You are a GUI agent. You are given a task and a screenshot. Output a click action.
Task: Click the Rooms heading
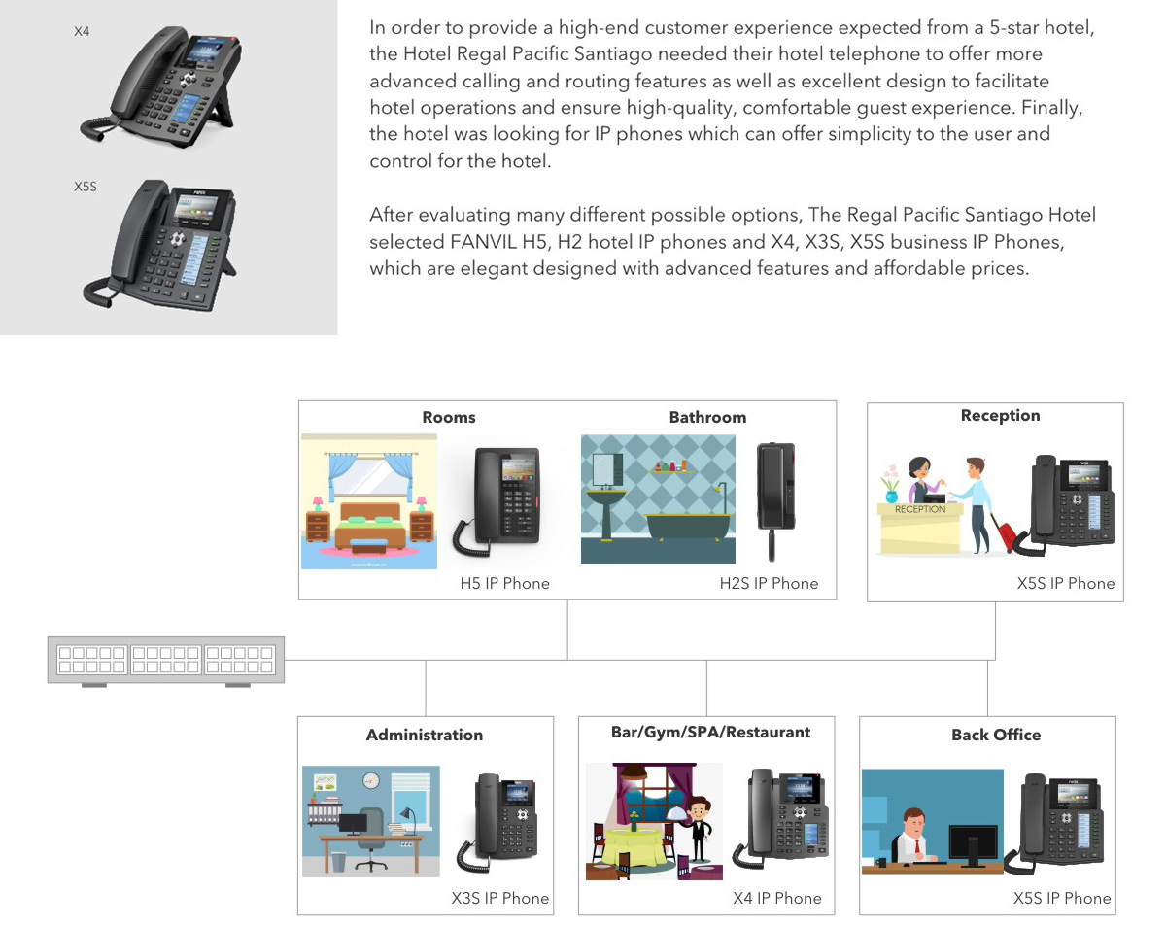coord(448,417)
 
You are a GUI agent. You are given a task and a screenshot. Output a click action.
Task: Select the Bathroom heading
coord(707,417)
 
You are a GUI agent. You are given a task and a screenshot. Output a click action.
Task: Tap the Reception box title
coord(1000,415)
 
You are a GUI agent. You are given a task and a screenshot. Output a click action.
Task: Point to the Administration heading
coord(424,735)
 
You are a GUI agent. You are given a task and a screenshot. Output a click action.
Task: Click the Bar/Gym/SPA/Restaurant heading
coord(710,732)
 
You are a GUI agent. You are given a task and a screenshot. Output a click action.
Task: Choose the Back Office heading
coord(996,735)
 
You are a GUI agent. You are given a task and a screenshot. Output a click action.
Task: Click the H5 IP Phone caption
coord(504,583)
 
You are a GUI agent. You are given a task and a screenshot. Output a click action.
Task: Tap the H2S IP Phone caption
coord(769,583)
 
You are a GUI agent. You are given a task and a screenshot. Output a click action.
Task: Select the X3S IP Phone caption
coord(500,898)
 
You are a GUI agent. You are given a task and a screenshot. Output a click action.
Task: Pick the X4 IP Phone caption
coord(776,898)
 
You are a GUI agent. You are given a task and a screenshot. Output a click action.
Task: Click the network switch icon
coord(166,661)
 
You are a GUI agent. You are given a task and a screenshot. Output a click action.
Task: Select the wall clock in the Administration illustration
coord(370,780)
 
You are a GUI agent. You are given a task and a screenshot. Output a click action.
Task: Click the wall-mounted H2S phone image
coord(774,497)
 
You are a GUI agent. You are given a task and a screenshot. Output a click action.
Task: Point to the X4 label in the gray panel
coord(82,32)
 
